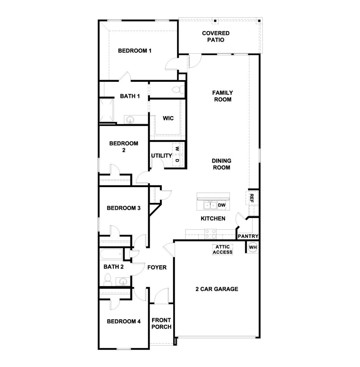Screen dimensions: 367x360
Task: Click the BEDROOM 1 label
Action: click(135, 51)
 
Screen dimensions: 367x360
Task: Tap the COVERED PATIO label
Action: click(216, 37)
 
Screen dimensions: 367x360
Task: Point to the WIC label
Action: click(168, 118)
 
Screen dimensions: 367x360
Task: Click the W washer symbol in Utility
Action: click(177, 148)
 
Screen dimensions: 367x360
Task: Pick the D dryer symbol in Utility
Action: click(177, 160)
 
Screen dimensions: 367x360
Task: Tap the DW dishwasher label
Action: click(222, 205)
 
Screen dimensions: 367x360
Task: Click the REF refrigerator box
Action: click(251, 198)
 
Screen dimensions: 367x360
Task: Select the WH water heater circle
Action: click(253, 247)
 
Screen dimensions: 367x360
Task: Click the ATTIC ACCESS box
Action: click(222, 250)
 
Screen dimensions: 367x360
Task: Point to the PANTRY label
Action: click(248, 236)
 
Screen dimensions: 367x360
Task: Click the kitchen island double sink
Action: click(210, 206)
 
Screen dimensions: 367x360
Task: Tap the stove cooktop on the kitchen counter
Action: click(210, 234)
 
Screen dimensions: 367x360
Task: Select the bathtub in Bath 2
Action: click(111, 254)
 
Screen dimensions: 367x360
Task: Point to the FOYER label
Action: click(157, 267)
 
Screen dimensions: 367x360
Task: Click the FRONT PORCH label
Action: click(161, 323)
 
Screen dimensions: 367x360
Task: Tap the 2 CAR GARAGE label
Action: click(217, 289)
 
